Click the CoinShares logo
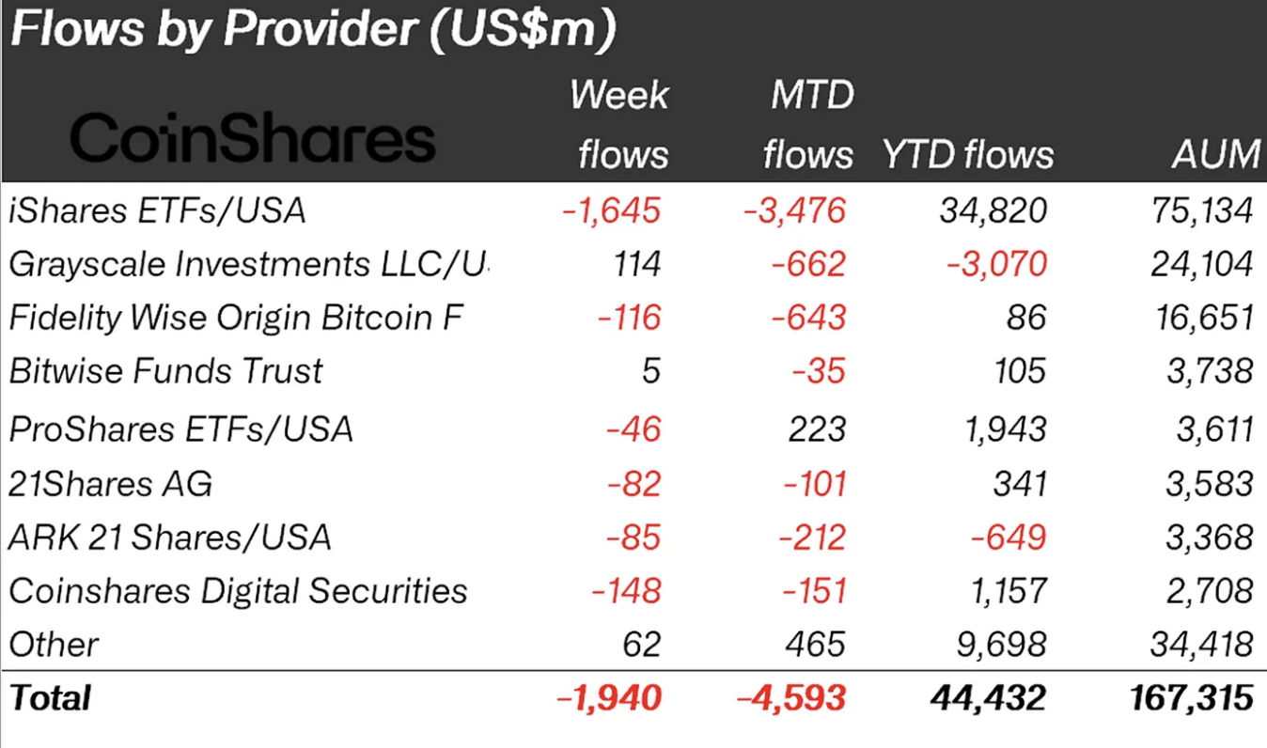coord(252,139)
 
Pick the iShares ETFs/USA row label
coord(158,210)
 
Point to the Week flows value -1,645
coord(611,210)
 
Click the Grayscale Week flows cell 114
coord(638,265)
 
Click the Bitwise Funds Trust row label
coord(165,372)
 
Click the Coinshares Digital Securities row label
coord(238,591)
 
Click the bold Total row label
coord(50,698)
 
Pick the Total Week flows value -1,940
coord(611,698)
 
